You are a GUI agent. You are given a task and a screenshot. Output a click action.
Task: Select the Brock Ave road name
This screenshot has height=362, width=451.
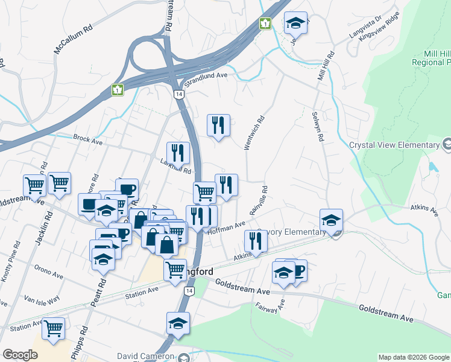(88, 139)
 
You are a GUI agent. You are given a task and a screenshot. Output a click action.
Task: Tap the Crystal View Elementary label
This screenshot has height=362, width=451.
(395, 145)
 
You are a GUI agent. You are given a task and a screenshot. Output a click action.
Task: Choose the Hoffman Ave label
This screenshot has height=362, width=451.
(227, 227)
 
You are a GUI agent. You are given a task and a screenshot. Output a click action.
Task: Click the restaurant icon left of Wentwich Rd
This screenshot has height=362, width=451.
(218, 125)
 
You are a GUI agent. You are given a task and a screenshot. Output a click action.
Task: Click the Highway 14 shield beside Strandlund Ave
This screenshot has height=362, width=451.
(178, 95)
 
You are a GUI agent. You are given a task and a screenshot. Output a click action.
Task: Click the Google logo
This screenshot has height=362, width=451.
(20, 355)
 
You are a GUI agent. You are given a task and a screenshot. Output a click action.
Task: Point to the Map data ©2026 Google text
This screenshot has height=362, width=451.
(414, 357)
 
